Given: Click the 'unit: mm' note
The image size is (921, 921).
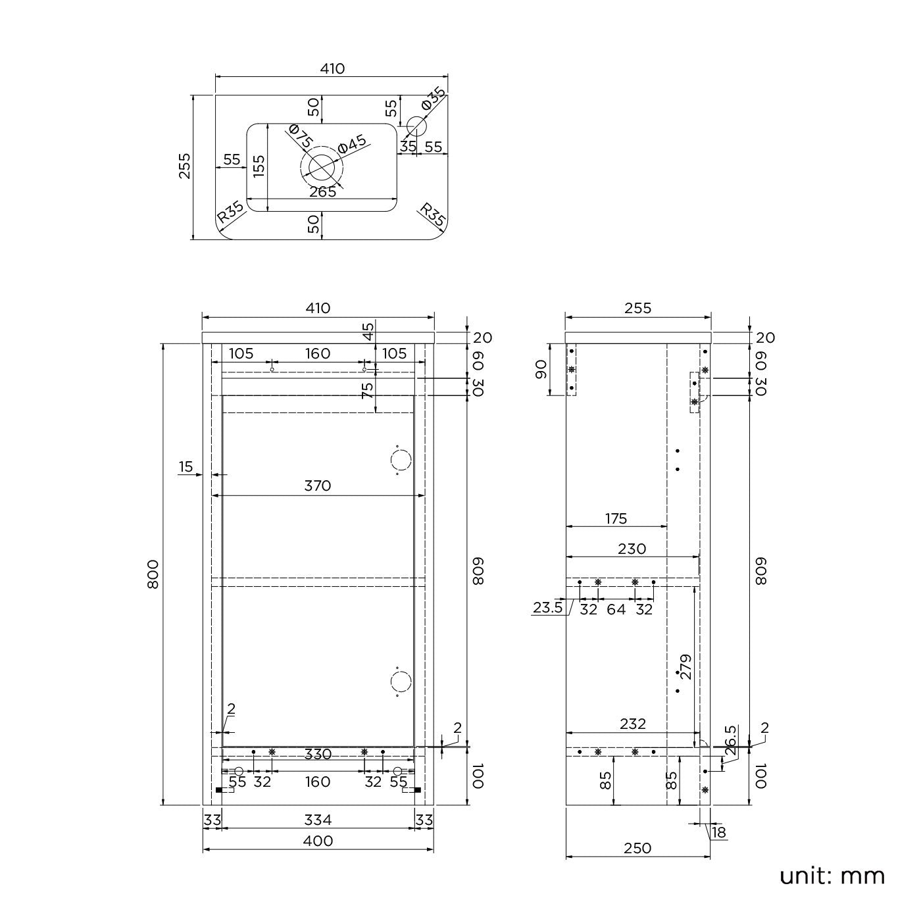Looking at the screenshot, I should pyautogui.click(x=832, y=876).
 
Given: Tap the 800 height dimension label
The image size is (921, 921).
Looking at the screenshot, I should pyautogui.click(x=153, y=574).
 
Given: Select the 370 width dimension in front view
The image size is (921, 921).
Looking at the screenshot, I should pyautogui.click(x=318, y=485).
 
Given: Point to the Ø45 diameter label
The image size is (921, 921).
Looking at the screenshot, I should pyautogui.click(x=352, y=145).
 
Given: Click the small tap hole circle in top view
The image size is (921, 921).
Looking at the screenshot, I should pyautogui.click(x=416, y=125).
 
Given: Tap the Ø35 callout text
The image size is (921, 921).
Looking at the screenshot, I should pyautogui.click(x=434, y=99).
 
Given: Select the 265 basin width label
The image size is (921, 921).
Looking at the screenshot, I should pyautogui.click(x=322, y=191).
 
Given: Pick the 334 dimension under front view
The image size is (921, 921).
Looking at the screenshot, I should pyautogui.click(x=318, y=820).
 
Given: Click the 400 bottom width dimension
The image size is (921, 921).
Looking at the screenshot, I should pyautogui.click(x=318, y=841).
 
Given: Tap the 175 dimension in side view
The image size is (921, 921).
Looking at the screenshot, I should pyautogui.click(x=616, y=518).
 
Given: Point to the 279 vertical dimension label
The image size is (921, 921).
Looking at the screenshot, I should pyautogui.click(x=685, y=666).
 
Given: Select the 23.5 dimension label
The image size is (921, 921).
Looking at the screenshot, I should pyautogui.click(x=547, y=608).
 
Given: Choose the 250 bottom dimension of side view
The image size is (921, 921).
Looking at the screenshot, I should pyautogui.click(x=637, y=848).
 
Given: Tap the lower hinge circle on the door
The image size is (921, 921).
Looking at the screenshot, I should pyautogui.click(x=401, y=682).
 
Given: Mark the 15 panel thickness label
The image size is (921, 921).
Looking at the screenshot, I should pyautogui.click(x=186, y=467).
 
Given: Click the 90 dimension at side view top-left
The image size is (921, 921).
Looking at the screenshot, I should pyautogui.click(x=541, y=370).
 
